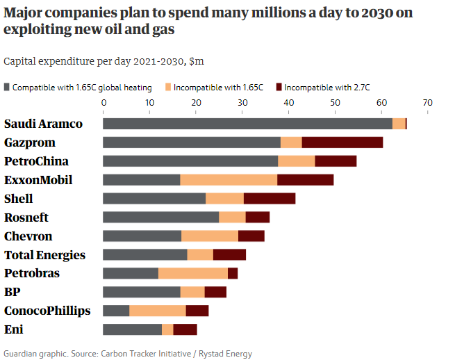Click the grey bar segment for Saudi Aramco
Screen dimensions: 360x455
pos(247,124)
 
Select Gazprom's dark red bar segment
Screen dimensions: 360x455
pos(342,142)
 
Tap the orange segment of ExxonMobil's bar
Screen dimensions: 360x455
pos(229,180)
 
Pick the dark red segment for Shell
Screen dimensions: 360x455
pos(270,199)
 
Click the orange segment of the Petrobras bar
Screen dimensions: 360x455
pos(193,273)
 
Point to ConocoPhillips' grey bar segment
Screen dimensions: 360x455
pos(116,311)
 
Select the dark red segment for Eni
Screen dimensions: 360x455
pos(185,329)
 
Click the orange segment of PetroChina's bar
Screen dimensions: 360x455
pos(297,161)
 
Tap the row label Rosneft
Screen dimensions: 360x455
pos(26,218)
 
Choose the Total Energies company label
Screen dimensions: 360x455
pos(44,255)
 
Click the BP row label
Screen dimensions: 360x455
pos(13,292)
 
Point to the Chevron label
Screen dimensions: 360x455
pos(28,236)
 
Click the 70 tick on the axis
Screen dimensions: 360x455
pos(427,103)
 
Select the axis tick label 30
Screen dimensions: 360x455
pos(242,103)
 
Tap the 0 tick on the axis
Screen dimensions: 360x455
pos(104,103)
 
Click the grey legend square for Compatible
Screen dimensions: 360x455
pos(7,88)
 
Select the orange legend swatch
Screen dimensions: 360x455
pos(167,88)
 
